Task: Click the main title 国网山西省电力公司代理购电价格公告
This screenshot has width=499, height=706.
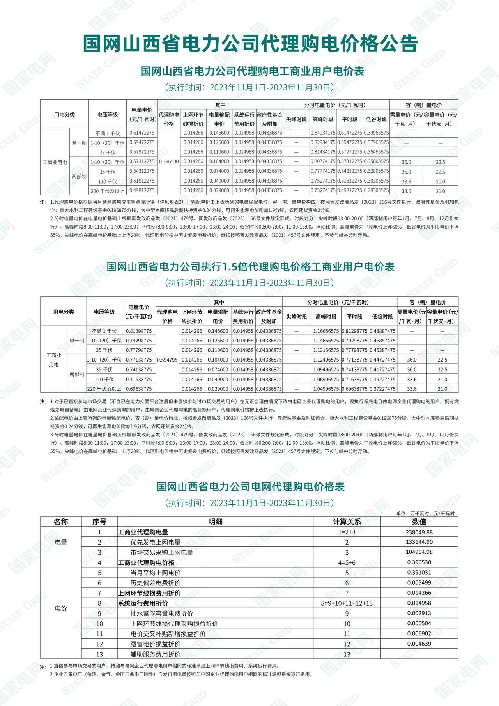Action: point(250,43)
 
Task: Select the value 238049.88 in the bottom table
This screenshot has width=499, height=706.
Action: point(419,532)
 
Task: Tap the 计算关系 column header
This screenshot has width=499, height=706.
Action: point(347,522)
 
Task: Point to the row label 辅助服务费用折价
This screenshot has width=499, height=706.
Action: point(155,654)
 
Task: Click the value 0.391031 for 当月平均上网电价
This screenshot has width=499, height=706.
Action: point(419,572)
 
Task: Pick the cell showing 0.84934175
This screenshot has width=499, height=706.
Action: point(323,133)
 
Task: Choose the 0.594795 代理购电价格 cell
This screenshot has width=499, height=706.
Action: point(167,360)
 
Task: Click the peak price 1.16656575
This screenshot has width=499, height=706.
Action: point(326,331)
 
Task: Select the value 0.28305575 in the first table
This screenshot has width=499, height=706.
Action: point(376,190)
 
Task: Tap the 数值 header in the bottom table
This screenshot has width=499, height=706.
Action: point(419,522)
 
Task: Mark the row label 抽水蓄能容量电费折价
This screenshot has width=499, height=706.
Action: point(161,613)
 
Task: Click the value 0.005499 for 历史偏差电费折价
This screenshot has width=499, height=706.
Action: point(419,582)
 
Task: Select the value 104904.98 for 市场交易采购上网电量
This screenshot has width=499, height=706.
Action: point(419,552)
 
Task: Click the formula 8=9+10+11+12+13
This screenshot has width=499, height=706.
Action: point(347,603)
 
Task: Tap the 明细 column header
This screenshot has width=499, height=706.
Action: point(215,522)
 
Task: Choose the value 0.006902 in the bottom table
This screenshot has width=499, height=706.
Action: point(419,633)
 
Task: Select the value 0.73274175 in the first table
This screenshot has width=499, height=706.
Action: point(323,190)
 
